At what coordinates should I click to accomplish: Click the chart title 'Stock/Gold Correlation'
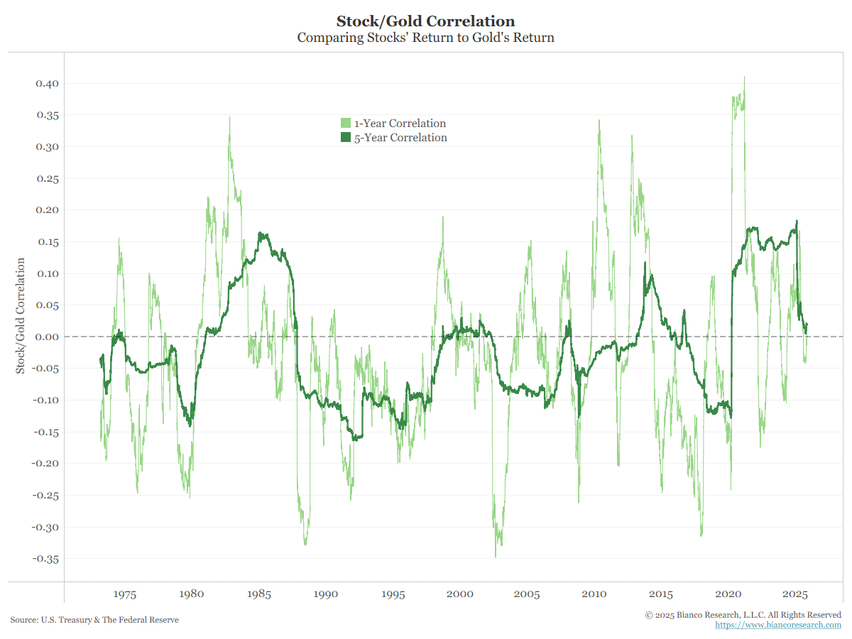[425, 21]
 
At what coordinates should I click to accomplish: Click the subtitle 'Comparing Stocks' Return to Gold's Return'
[425, 38]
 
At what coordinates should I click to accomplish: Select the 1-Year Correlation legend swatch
[346, 124]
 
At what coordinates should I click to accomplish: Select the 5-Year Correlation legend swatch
[346, 138]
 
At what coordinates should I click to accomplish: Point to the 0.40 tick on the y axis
[47, 84]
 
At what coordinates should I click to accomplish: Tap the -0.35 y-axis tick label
[45, 559]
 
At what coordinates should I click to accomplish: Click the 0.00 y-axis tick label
[47, 337]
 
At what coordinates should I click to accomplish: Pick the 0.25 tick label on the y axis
[47, 178]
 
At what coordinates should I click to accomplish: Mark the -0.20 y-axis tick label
[45, 464]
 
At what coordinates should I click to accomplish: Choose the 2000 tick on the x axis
[460, 594]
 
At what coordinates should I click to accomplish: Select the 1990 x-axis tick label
[326, 594]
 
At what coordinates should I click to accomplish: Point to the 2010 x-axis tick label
[594, 594]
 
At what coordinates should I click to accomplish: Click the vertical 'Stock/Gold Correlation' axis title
[21, 316]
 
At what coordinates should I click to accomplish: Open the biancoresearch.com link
[777, 626]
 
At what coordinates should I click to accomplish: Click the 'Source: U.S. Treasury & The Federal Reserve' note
[94, 620]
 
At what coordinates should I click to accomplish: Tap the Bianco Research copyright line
[743, 615]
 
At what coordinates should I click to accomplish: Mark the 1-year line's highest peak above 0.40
[744, 77]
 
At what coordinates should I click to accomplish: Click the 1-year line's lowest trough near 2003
[496, 556]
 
